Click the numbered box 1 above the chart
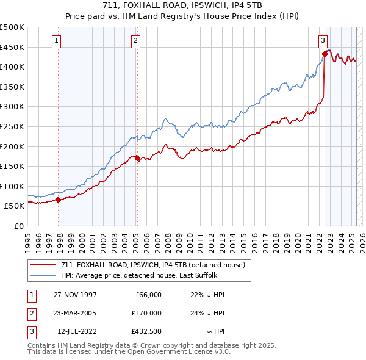56,41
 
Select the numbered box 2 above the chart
135,41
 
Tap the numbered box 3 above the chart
322,41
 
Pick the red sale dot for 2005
137,158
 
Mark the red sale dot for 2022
325,54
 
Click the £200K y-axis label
12,146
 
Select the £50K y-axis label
15,206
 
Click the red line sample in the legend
43,265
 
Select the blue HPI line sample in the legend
43,275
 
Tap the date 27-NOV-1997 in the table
75,295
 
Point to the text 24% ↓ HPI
207,313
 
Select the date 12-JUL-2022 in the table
75,331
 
